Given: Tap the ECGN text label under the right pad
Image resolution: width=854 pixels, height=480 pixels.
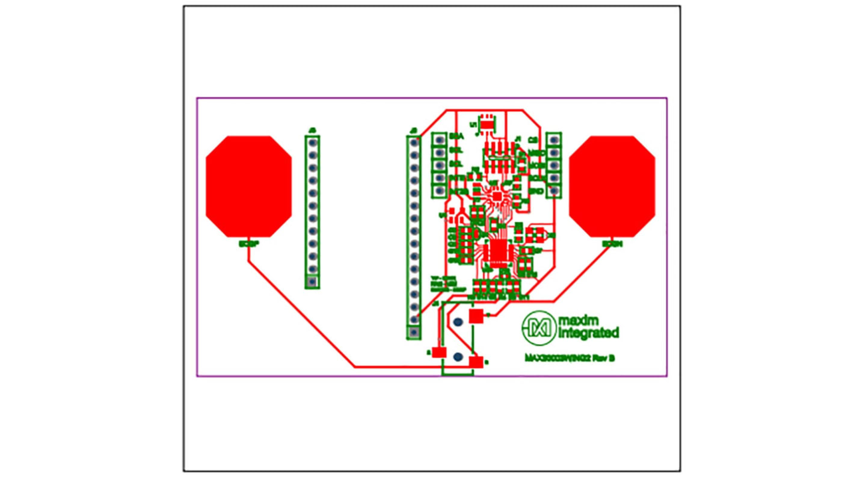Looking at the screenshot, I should click(x=612, y=245).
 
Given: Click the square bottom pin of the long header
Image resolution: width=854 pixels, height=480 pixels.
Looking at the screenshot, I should click(x=414, y=331).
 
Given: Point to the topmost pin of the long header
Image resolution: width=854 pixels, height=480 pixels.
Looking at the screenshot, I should click(x=414, y=142).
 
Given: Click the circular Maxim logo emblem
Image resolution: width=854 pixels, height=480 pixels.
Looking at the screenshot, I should click(x=539, y=328).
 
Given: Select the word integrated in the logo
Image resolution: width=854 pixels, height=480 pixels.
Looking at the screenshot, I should click(x=588, y=333).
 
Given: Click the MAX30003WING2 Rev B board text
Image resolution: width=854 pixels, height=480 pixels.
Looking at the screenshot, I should click(x=570, y=358).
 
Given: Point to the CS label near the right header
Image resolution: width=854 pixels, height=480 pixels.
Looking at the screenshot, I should click(x=532, y=139).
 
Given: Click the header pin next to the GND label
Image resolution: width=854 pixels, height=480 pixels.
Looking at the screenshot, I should click(x=554, y=191).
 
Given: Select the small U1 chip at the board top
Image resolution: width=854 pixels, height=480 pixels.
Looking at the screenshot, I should click(x=486, y=123).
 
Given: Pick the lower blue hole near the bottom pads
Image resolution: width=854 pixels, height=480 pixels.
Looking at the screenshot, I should click(x=458, y=357).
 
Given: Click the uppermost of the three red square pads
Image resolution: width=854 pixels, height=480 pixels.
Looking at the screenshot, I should click(x=476, y=316).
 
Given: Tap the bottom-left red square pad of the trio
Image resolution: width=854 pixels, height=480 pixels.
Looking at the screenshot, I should click(x=440, y=352).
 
